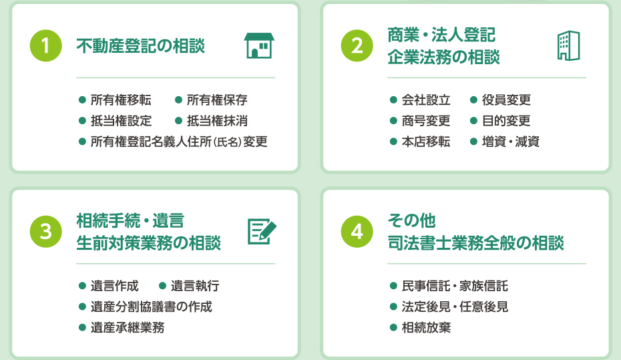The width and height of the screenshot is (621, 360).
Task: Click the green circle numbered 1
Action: pyautogui.click(x=46, y=46)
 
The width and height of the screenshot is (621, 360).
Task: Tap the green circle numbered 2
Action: pyautogui.click(x=357, y=46)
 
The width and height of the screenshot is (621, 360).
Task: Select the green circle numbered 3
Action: pyautogui.click(x=46, y=232)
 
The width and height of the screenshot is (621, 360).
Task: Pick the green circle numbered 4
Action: pyautogui.click(x=357, y=232)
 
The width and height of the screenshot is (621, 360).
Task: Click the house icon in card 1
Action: pyautogui.click(x=259, y=45)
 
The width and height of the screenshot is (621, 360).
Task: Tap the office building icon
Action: pyautogui.click(x=569, y=45)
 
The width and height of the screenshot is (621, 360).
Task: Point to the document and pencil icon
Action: pyautogui.click(x=262, y=231)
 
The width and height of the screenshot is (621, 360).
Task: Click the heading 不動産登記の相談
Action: pyautogui.click(x=141, y=46)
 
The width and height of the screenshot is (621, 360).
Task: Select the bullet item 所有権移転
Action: pyautogui.click(x=121, y=100)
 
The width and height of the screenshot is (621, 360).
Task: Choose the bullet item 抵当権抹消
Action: pyautogui.click(x=217, y=121)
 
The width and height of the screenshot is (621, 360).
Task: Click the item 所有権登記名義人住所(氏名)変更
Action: pyautogui.click(x=179, y=142)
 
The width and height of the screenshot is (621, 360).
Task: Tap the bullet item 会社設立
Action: pyautogui.click(x=426, y=100)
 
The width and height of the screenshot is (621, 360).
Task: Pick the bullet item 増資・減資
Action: pyautogui.click(x=511, y=142)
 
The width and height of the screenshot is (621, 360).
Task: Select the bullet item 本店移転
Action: pyautogui.click(x=426, y=142)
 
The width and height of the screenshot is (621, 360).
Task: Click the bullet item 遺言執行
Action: pyautogui.click(x=195, y=286)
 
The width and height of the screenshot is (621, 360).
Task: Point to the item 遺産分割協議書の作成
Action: pyautogui.click(x=152, y=307)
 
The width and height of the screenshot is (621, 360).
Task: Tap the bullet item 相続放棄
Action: pyautogui.click(x=426, y=327)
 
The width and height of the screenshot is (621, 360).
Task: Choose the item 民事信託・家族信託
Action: pyautogui.click(x=455, y=286)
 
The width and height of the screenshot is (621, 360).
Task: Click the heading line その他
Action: pyautogui.click(x=411, y=220)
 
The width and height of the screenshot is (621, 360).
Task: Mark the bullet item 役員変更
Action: pyautogui.click(x=506, y=100)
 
